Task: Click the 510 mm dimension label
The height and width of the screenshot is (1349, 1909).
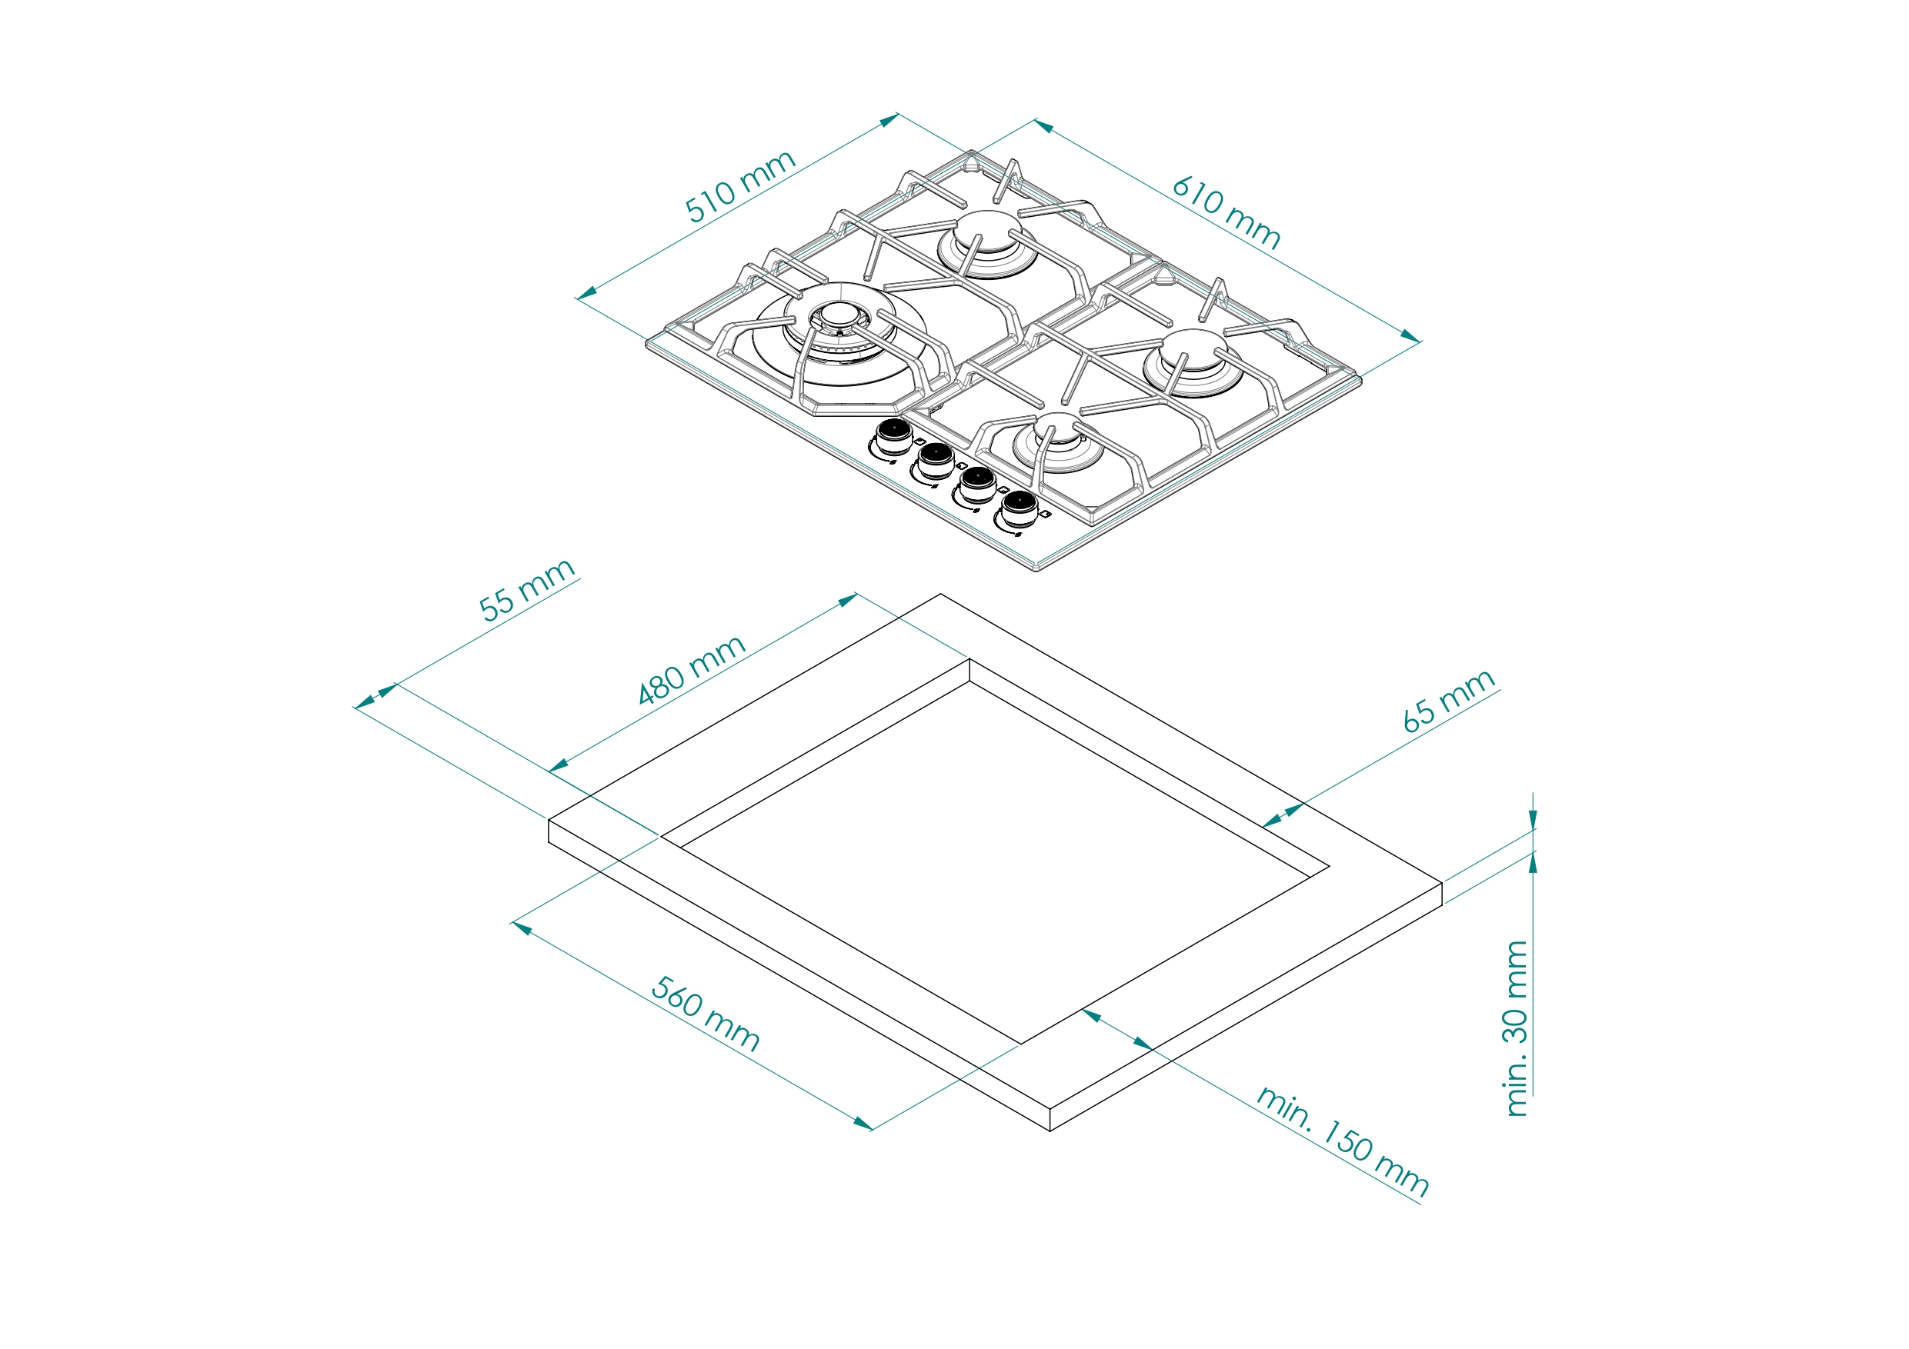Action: pos(740,186)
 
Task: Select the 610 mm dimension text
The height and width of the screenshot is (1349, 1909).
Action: pos(1226,213)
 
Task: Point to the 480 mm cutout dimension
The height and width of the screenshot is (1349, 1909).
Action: pos(691,669)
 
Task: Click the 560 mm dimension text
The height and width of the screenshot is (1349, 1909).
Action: pos(705,1014)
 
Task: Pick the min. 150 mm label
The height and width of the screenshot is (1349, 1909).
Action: pos(1342,1140)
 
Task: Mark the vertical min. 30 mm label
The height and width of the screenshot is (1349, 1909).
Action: pos(1516,1028)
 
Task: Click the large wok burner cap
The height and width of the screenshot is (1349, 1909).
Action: pos(839,315)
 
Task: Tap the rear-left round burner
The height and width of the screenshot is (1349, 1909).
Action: pos(987,243)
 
